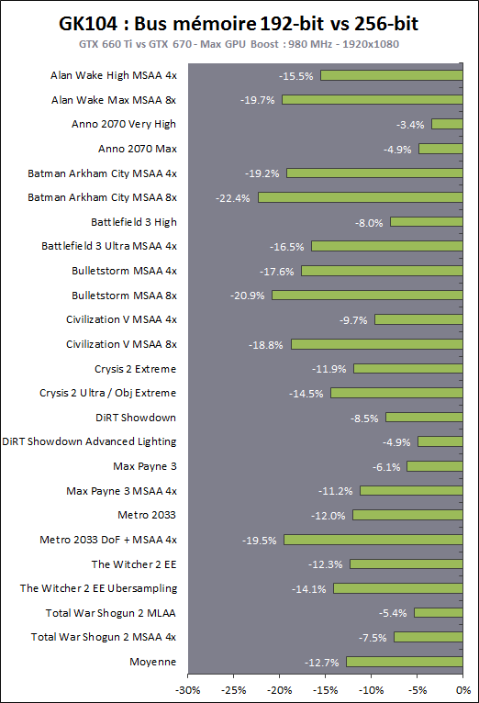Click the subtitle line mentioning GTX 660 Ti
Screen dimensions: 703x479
(x=239, y=44)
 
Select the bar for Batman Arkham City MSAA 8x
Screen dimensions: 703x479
(x=361, y=197)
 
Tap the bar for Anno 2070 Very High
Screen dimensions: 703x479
(x=447, y=124)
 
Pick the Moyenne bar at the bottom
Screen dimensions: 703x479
(x=405, y=662)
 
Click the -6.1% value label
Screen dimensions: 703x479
(x=386, y=466)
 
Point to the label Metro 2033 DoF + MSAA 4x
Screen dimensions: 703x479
(x=108, y=540)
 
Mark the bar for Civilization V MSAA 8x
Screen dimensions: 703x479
(x=377, y=344)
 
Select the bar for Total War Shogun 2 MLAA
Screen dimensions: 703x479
(x=439, y=613)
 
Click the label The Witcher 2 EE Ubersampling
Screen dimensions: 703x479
(x=99, y=588)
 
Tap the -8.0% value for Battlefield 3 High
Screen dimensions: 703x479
(x=370, y=222)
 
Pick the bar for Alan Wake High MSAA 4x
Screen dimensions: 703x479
(x=392, y=75)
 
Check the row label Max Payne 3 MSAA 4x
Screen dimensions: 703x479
(x=121, y=491)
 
